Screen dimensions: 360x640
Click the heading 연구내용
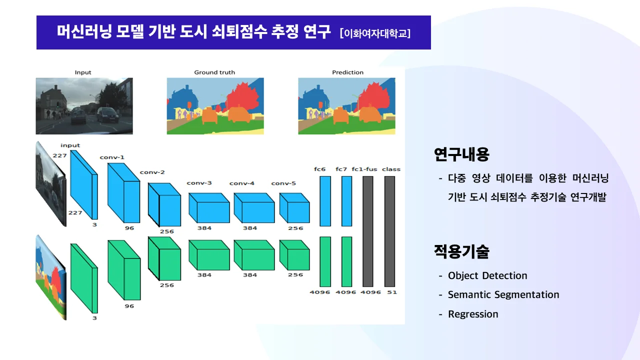click(461, 154)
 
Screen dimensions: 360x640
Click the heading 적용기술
click(461, 251)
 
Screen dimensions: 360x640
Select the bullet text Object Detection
click(487, 275)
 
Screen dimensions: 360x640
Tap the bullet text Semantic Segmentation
click(503, 294)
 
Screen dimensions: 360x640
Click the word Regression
click(473, 314)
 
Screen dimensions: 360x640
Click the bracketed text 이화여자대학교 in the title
click(375, 33)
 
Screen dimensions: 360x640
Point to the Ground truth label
click(214, 72)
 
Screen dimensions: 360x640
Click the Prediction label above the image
click(347, 72)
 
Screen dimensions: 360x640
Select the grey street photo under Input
click(84, 105)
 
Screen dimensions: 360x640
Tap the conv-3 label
click(199, 183)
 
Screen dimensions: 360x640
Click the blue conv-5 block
click(294, 208)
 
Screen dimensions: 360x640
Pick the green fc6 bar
click(325, 261)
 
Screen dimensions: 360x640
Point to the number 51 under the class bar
click(391, 292)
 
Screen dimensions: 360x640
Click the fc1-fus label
click(364, 169)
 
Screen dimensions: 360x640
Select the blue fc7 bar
click(346, 201)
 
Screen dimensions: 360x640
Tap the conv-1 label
click(112, 157)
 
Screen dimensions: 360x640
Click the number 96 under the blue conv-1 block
click(129, 228)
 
